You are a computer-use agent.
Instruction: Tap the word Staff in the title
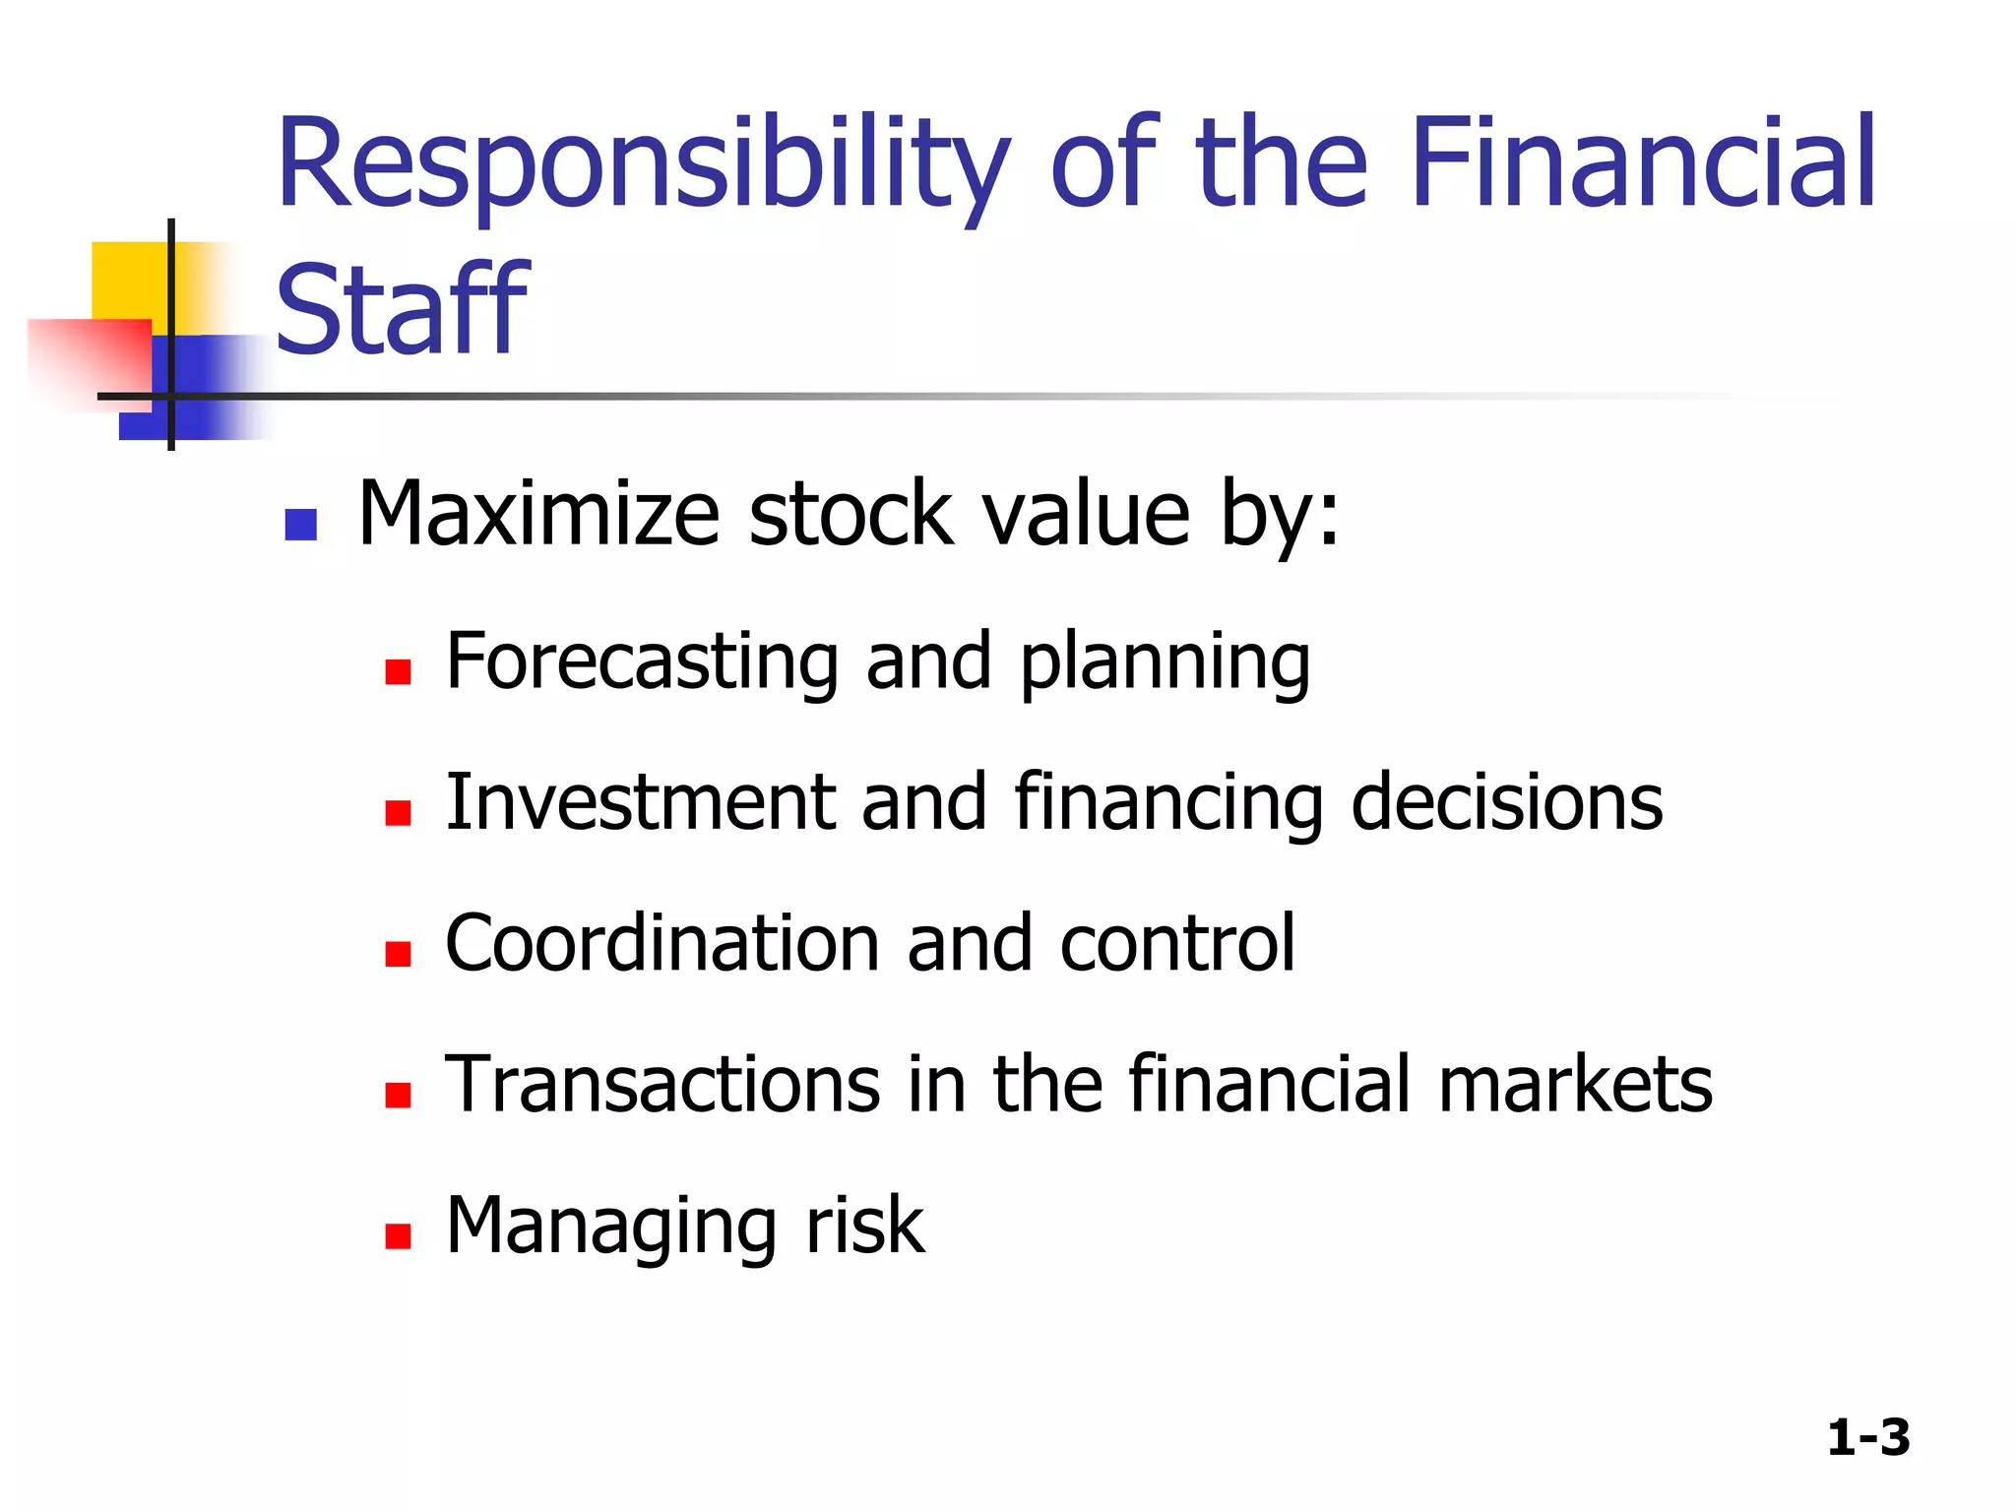click(x=402, y=310)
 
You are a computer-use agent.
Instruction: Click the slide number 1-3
click(x=1867, y=1437)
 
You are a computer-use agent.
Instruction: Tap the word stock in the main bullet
click(x=850, y=514)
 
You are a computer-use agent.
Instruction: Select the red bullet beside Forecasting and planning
click(x=398, y=672)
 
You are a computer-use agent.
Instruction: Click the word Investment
click(x=641, y=802)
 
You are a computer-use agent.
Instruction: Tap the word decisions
click(x=1506, y=802)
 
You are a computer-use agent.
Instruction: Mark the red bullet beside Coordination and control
click(x=398, y=954)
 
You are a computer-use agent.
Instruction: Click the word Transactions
click(x=662, y=1084)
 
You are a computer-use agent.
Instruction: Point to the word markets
click(x=1575, y=1084)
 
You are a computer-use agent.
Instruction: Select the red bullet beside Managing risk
click(x=398, y=1235)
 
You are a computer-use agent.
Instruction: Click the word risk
click(x=865, y=1226)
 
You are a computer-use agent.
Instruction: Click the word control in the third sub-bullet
click(x=1177, y=943)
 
